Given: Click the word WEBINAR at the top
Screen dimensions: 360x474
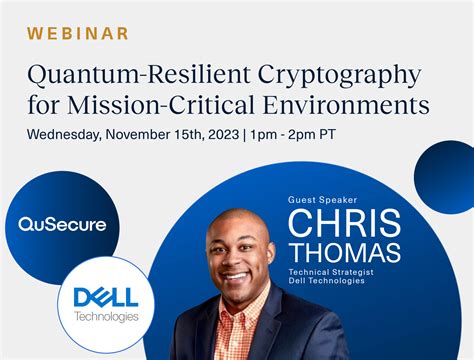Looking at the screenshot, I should [79, 33].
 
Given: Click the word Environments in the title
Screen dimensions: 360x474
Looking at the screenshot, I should [352, 104].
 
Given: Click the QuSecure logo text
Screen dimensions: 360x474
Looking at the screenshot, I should [62, 224].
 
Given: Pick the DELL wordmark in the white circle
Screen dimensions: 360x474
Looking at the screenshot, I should [106, 297].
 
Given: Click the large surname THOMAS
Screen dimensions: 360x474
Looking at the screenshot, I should [344, 252].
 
